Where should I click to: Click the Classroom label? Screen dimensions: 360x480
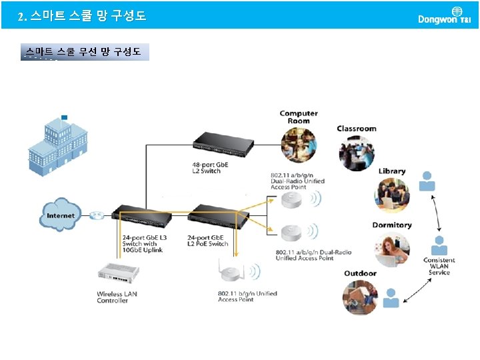click(x=357, y=129)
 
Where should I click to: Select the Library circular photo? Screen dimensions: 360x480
click(x=391, y=194)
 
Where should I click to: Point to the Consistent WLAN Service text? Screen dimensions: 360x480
click(x=439, y=266)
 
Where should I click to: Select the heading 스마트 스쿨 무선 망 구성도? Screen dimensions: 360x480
click(x=83, y=51)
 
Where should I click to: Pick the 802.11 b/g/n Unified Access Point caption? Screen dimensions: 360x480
click(x=247, y=297)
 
